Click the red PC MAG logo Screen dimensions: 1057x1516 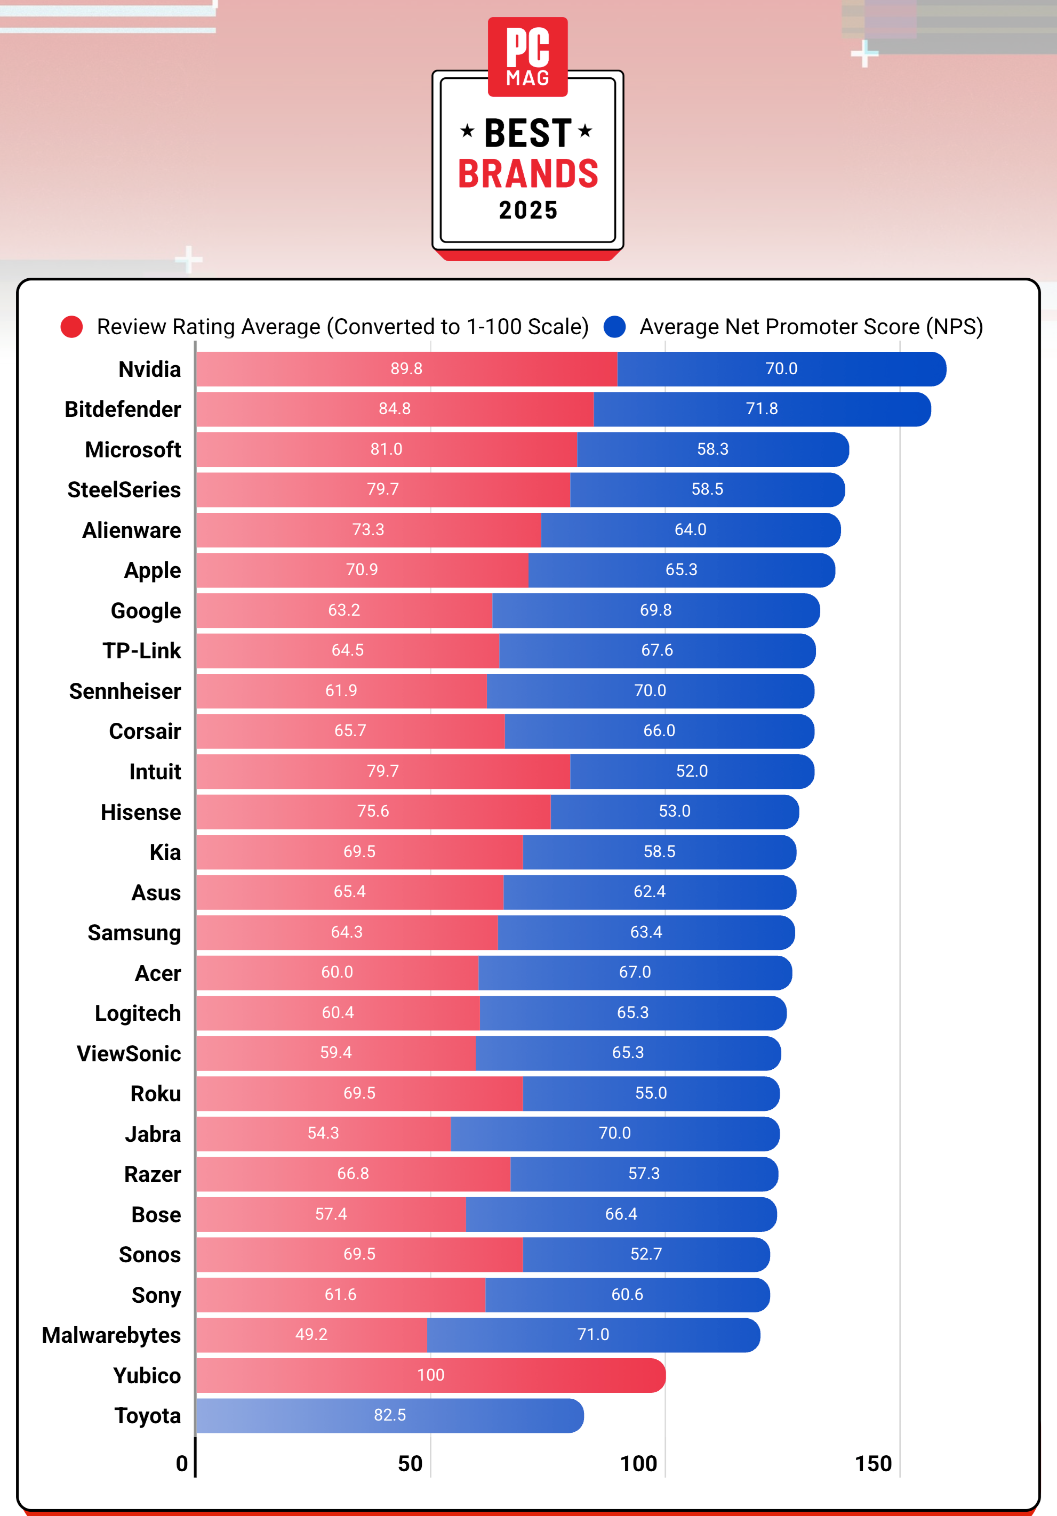click(x=528, y=57)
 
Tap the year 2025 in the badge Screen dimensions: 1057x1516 click(x=528, y=210)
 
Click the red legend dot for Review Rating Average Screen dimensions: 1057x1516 click(x=71, y=327)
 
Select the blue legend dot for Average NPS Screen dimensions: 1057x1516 click(x=614, y=327)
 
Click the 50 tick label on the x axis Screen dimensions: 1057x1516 click(x=410, y=1463)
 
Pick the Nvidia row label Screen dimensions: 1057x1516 click(x=149, y=369)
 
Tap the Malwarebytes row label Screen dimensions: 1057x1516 click(x=111, y=1335)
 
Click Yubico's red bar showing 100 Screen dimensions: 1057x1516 click(x=431, y=1375)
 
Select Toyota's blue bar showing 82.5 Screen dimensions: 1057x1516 click(x=390, y=1416)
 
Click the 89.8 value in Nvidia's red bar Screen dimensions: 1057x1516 click(x=406, y=368)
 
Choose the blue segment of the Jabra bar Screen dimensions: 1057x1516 click(x=615, y=1134)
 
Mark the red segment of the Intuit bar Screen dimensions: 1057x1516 click(x=383, y=771)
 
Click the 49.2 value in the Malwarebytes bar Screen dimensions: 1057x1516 click(x=311, y=1334)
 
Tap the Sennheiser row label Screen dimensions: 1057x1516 click(x=125, y=691)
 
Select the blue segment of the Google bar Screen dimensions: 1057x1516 click(x=656, y=610)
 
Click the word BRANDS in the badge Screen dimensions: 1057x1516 click(x=528, y=174)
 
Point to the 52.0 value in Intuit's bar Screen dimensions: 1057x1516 click(x=692, y=771)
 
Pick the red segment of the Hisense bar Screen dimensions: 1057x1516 click(x=373, y=811)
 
